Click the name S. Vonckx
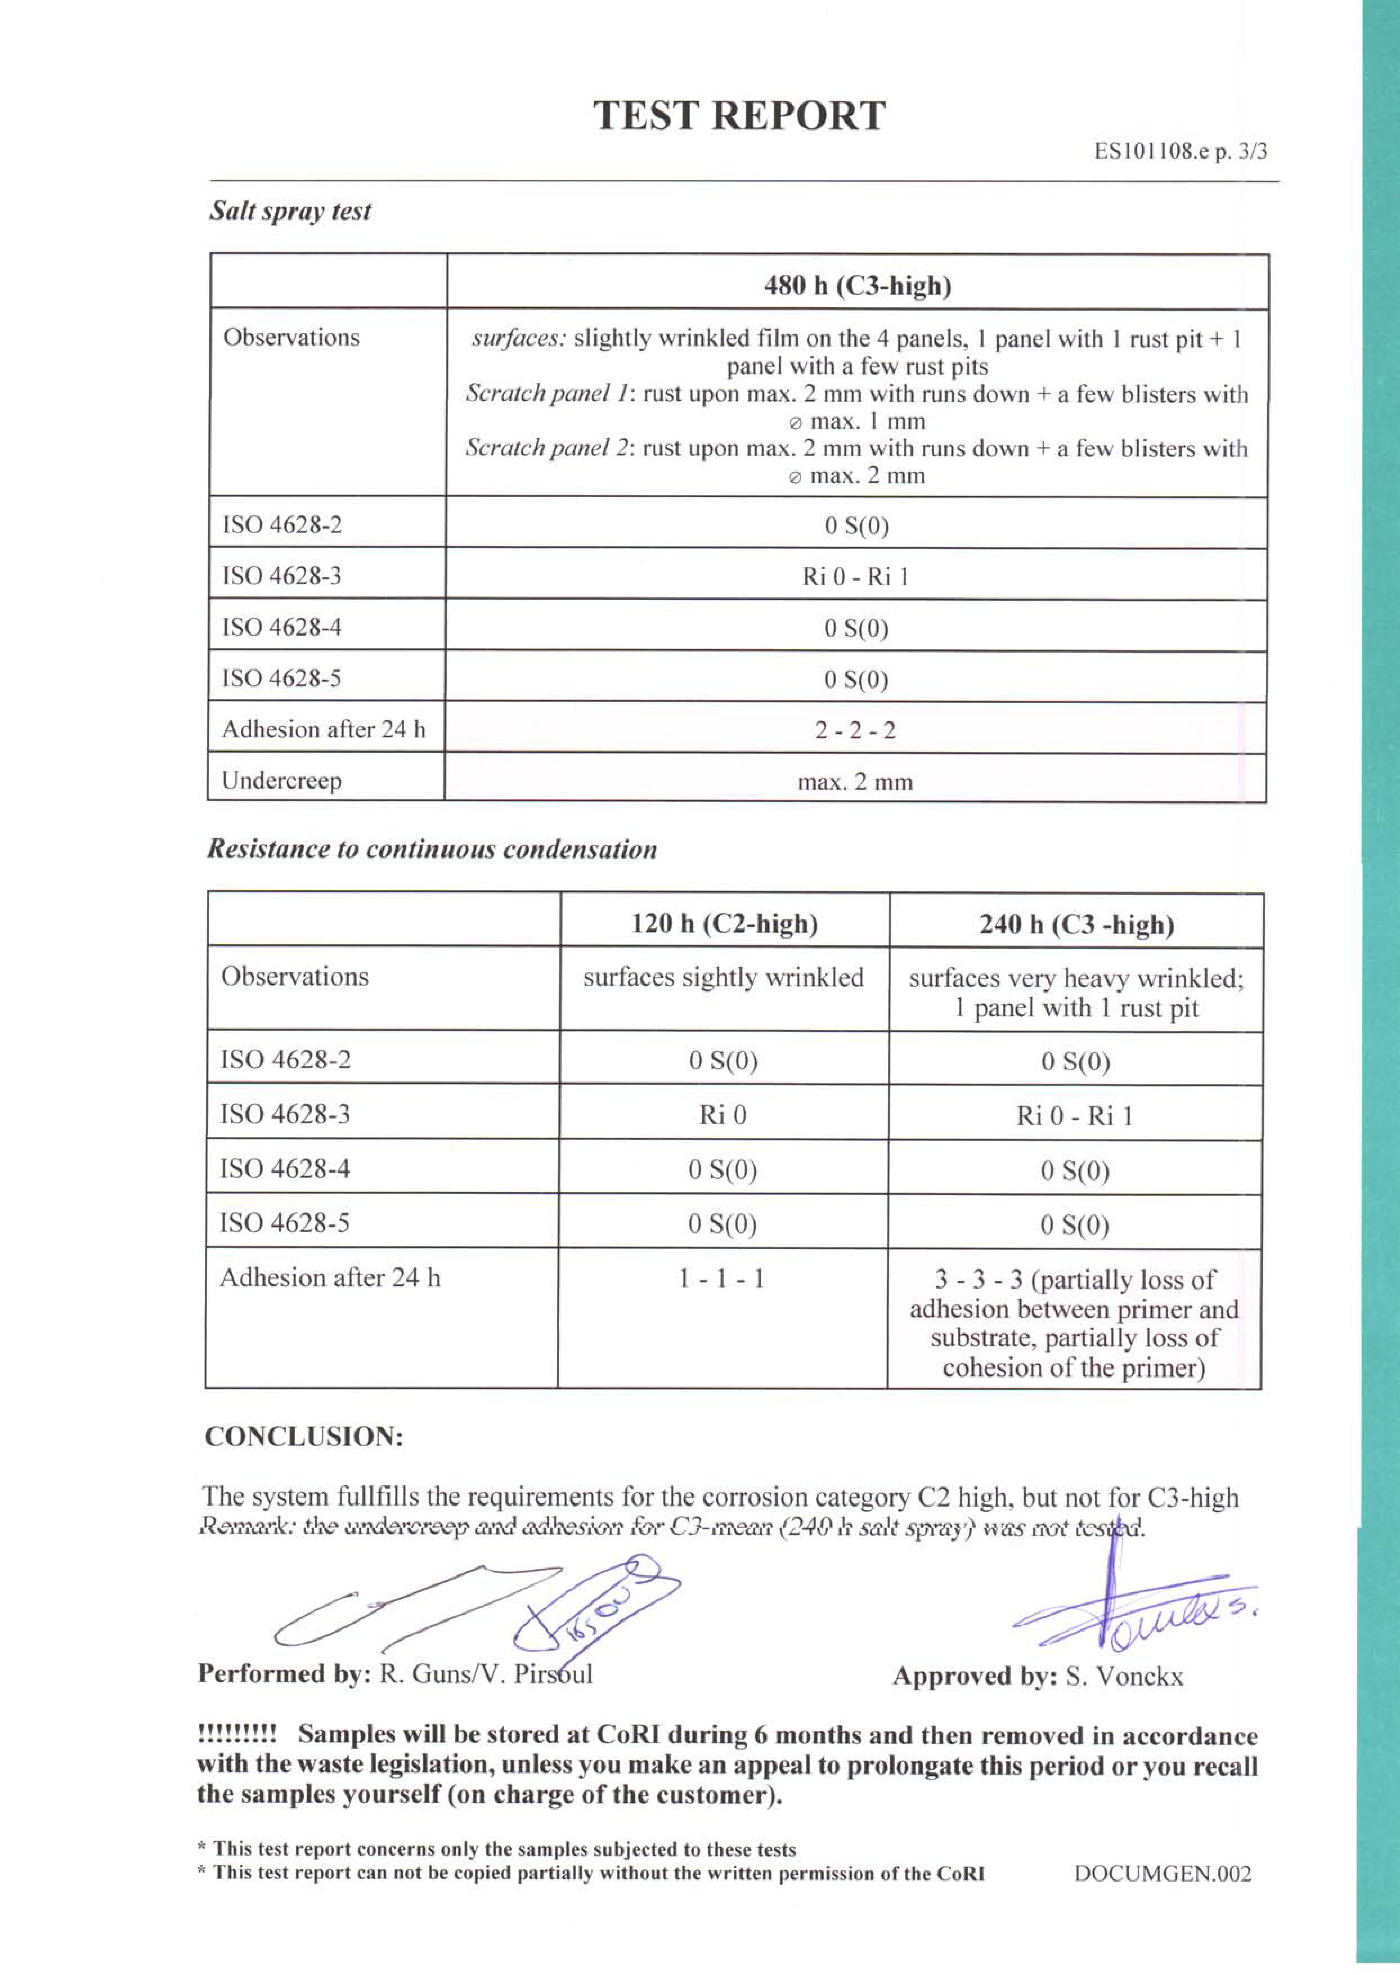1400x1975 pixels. pos(1124,1677)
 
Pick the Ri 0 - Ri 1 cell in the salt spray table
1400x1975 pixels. pos(855,576)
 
